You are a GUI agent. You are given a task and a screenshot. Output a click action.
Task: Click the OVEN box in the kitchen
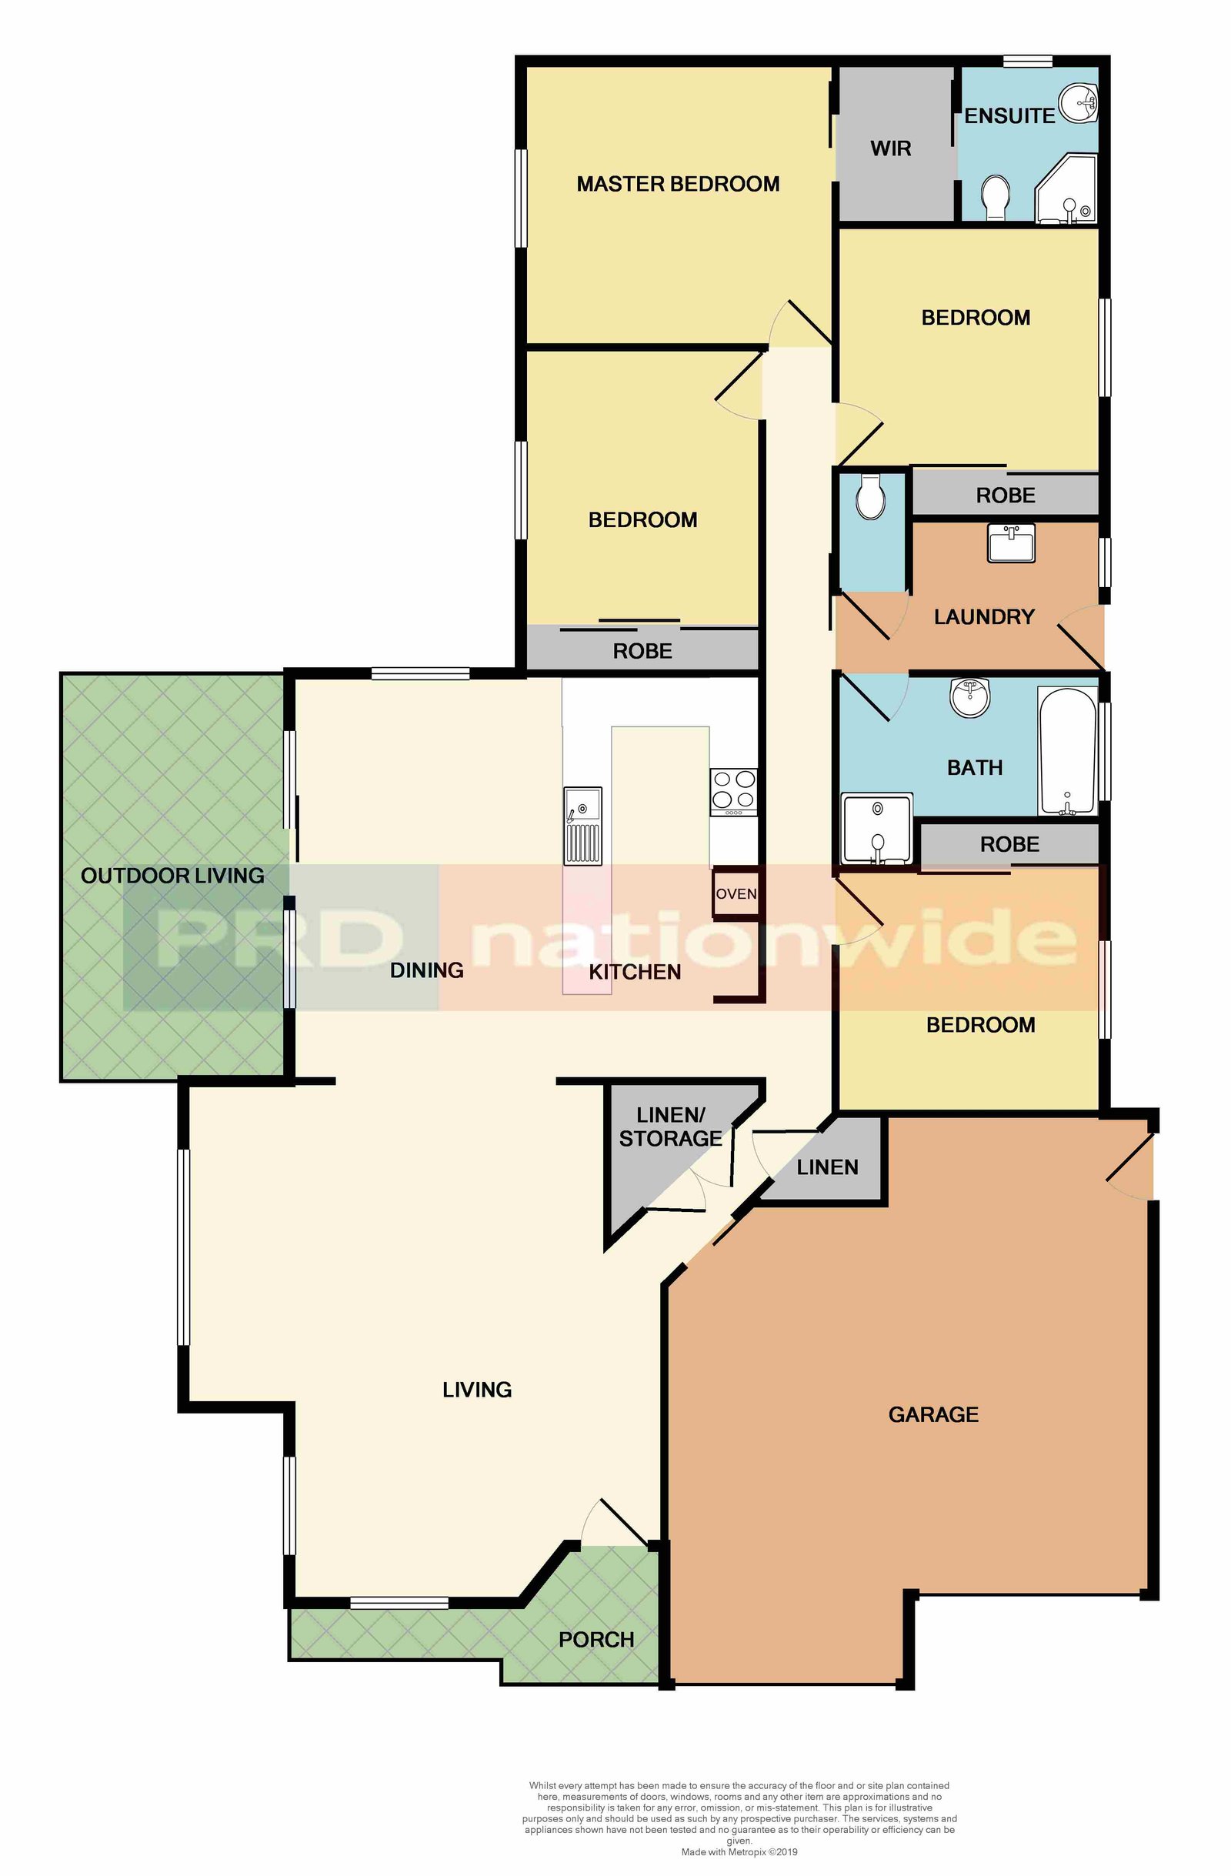(x=736, y=893)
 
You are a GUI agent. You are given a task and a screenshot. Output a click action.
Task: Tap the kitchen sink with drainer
(x=582, y=826)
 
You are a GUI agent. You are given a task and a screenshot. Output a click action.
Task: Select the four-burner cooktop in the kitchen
(x=734, y=792)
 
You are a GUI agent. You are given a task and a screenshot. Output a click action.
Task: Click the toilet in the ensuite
(x=996, y=197)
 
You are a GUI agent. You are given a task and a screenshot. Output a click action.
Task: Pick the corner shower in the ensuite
(x=1066, y=189)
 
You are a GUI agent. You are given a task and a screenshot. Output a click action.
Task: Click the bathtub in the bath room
(x=1067, y=751)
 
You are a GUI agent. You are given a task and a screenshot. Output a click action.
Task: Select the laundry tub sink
(x=1010, y=543)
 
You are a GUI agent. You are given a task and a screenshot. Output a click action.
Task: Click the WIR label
(x=890, y=149)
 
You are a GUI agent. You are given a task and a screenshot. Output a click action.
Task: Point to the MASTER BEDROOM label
(x=678, y=184)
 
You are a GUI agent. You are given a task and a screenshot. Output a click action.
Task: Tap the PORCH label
(x=595, y=1640)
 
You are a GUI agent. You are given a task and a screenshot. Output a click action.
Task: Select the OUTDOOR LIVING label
(x=172, y=876)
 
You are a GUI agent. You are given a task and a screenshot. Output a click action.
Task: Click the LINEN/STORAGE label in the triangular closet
(x=671, y=1127)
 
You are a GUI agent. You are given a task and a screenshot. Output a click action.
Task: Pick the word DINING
(x=426, y=970)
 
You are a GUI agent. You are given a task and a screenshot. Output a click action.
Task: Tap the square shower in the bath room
(x=877, y=830)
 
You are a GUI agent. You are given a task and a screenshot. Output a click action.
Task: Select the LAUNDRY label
(x=983, y=616)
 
